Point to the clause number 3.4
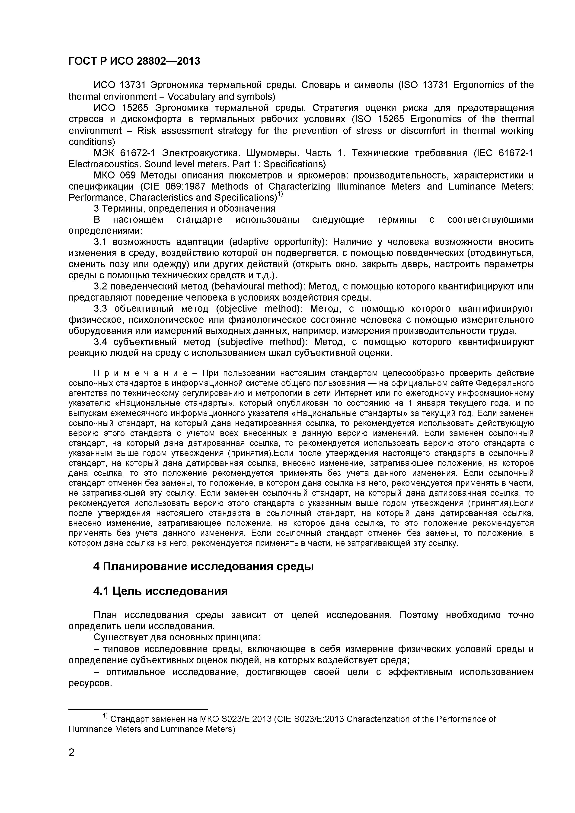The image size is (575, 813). [x=100, y=342]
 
